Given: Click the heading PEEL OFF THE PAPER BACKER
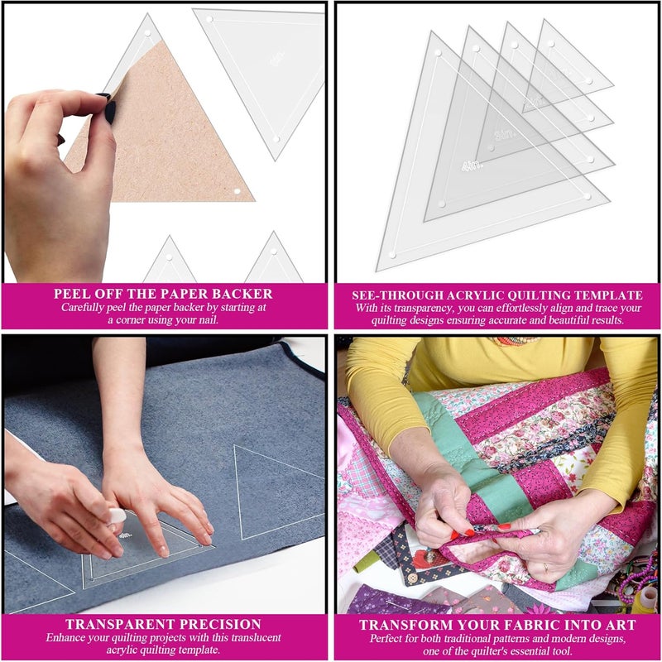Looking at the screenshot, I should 163,294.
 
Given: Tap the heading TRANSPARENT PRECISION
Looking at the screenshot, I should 165,624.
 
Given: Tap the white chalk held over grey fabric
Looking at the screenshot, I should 117,515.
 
